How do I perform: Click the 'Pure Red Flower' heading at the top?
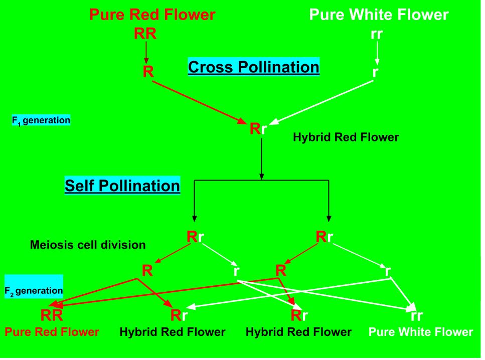[152, 15]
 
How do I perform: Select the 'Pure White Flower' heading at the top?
[379, 15]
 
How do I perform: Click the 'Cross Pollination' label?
[253, 67]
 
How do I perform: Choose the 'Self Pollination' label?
[122, 186]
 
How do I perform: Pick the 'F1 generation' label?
[41, 121]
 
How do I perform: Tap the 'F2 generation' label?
[34, 291]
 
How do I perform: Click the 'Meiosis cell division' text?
[88, 245]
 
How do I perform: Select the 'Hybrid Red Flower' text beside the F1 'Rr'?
[346, 136]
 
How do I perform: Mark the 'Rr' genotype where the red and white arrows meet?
[258, 129]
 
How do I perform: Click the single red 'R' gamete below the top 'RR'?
[148, 71]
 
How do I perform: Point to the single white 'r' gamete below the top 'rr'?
[375, 71]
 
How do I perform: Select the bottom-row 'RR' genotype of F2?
[52, 315]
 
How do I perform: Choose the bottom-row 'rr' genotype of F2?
[417, 316]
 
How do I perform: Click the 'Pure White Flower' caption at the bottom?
[421, 332]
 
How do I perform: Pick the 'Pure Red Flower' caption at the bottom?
[52, 332]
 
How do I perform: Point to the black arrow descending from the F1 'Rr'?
[261, 158]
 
